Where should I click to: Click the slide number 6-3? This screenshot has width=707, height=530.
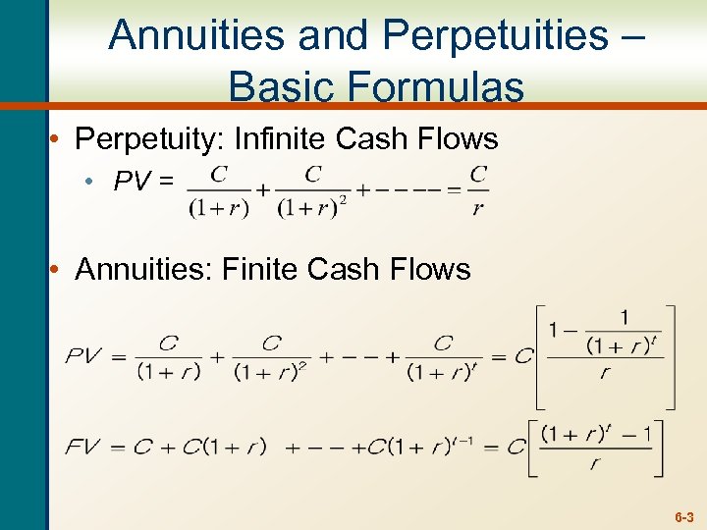683,516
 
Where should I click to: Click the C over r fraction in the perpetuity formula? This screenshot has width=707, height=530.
478,190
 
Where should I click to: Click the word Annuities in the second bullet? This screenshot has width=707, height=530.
143,269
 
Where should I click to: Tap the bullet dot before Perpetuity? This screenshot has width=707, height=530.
58,139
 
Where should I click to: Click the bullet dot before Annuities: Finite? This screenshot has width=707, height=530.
58,269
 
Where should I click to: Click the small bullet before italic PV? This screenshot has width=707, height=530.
101,182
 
